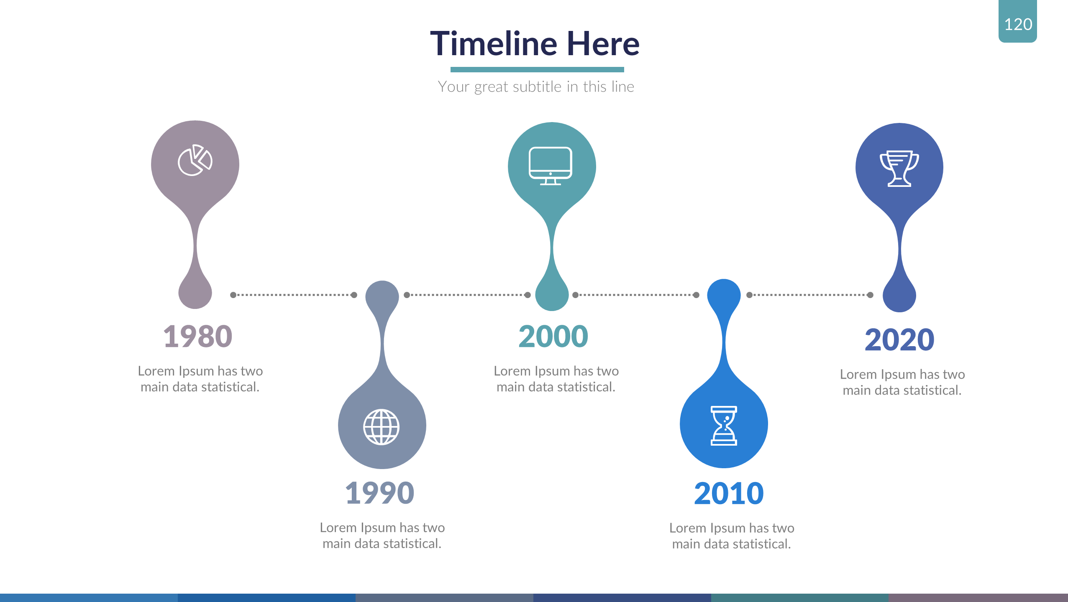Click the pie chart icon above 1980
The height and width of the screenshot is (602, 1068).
click(195, 160)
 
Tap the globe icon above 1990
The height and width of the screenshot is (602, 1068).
click(381, 427)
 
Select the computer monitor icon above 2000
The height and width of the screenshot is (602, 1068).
click(550, 166)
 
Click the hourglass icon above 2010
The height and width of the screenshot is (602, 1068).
click(724, 426)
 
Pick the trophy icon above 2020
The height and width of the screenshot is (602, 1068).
click(899, 168)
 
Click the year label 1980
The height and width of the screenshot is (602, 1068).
click(197, 337)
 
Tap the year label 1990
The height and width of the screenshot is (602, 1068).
click(379, 493)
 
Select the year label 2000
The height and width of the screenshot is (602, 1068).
click(553, 337)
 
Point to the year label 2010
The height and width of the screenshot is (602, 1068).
click(729, 493)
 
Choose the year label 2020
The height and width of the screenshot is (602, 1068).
click(899, 339)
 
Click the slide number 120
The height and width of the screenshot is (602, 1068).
click(1018, 24)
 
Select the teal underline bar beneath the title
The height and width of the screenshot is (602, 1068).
click(537, 69)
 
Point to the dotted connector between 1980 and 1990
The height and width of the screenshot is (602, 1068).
click(294, 295)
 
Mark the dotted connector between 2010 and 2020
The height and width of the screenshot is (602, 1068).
click(810, 295)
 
